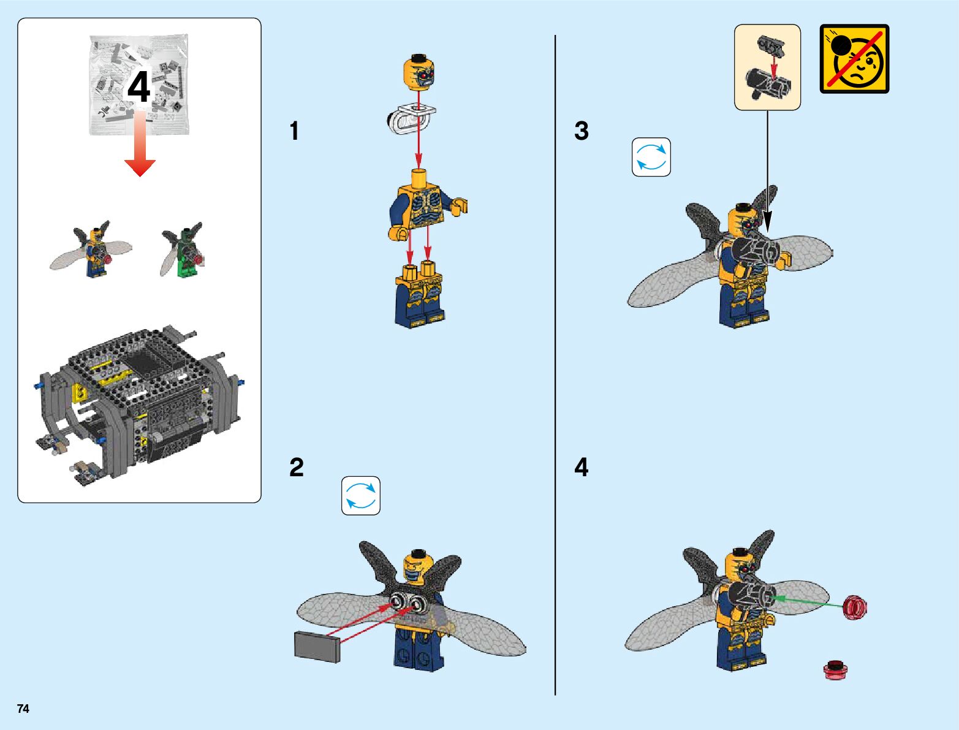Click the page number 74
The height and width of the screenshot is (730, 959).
tap(23, 709)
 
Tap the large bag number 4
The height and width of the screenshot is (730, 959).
tap(139, 88)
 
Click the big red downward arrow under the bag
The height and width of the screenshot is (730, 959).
tap(140, 144)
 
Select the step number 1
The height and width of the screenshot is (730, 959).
tap(295, 131)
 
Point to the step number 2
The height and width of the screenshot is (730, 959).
tap(296, 468)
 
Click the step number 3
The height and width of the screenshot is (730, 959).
tap(582, 131)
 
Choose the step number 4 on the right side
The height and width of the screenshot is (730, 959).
tap(582, 468)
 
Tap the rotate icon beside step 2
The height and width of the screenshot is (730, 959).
tap(361, 496)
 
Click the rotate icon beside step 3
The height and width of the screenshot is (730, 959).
tap(651, 157)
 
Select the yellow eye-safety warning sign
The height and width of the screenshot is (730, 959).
tap(855, 59)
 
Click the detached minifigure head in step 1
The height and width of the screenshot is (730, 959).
tap(419, 72)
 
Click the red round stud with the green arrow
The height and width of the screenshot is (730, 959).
tap(855, 607)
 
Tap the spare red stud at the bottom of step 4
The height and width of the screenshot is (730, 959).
tap(835, 670)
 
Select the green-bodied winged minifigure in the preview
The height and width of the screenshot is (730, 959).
tap(183, 249)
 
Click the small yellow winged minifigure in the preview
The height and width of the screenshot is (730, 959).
tap(91, 249)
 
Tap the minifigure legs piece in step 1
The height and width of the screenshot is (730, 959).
tap(419, 294)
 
